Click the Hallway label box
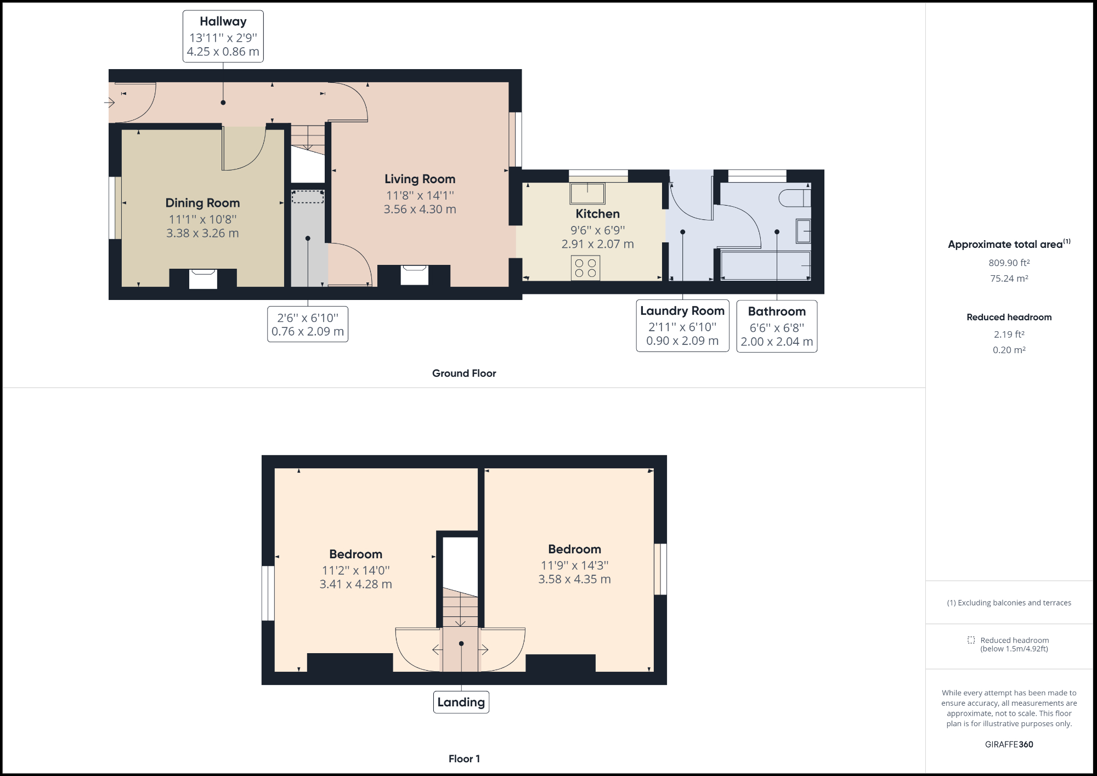pyautogui.click(x=223, y=36)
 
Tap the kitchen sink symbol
pyautogui.click(x=587, y=194)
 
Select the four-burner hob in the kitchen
pyautogui.click(x=585, y=268)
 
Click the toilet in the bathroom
pyautogui.click(x=794, y=198)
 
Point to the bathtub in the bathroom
pyautogui.click(x=766, y=265)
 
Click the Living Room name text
pyautogui.click(x=420, y=179)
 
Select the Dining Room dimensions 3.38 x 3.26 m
pyautogui.click(x=202, y=233)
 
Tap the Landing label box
pyautogui.click(x=461, y=702)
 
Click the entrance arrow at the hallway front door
pyautogui.click(x=109, y=103)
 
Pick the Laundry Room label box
pyautogui.click(x=682, y=325)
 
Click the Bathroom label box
pyautogui.click(x=777, y=326)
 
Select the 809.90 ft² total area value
pyautogui.click(x=1009, y=263)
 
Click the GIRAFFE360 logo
pyautogui.click(x=1009, y=744)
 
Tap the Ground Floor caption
pyautogui.click(x=464, y=373)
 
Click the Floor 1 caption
pyautogui.click(x=464, y=759)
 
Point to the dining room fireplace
pyautogui.click(x=203, y=278)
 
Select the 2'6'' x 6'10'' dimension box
pyautogui.click(x=308, y=324)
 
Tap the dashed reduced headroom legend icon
pyautogui.click(x=971, y=640)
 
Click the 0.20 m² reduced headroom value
pyautogui.click(x=1009, y=350)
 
